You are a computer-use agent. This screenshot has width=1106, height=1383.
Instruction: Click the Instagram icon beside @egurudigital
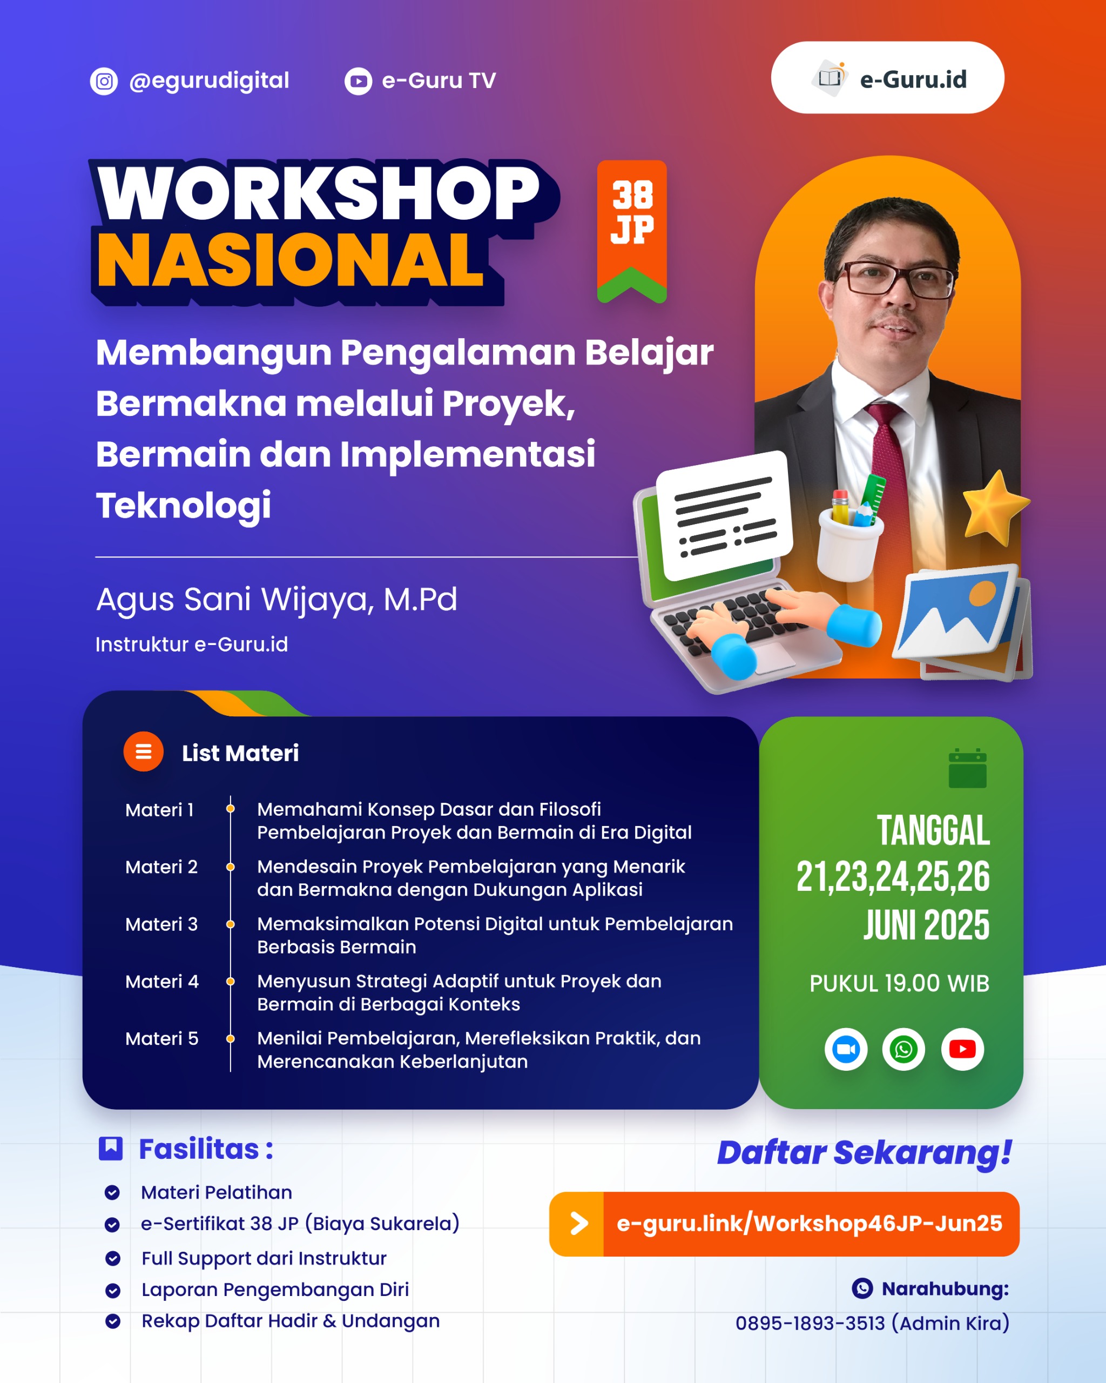104,82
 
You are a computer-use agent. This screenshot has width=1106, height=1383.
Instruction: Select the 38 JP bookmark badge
631,231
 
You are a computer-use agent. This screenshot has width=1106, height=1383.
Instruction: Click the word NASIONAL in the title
290,260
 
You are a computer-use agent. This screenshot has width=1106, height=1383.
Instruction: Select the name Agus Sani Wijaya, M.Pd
276,600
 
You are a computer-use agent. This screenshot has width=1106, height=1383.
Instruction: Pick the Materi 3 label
161,924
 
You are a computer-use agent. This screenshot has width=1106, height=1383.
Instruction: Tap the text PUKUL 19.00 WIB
900,983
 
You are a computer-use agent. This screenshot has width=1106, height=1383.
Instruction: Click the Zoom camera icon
846,1050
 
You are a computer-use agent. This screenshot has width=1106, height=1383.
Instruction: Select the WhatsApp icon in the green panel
903,1050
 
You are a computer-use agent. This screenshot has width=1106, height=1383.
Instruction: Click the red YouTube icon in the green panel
962,1050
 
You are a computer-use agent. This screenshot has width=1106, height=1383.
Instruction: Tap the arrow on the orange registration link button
579,1223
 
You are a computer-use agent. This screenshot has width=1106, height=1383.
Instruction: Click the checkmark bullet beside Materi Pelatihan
112,1192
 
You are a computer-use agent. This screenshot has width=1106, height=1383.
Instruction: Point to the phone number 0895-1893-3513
810,1324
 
